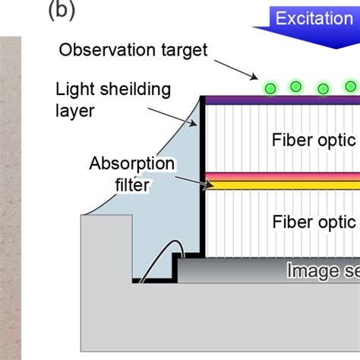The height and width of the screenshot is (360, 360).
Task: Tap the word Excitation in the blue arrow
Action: pyautogui.click(x=314, y=18)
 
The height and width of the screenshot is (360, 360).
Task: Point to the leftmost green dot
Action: pyautogui.click(x=270, y=88)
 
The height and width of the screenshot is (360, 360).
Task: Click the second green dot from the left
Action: pyautogui.click(x=296, y=86)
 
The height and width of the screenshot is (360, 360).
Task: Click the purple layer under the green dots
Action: pyautogui.click(x=281, y=100)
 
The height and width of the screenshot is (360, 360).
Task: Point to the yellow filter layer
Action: pyautogui.click(x=281, y=185)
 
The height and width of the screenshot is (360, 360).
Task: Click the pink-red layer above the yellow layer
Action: pyautogui.click(x=281, y=177)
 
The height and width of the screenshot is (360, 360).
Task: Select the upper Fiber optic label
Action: pyautogui.click(x=313, y=140)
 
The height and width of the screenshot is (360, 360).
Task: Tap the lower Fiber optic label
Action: pyautogui.click(x=313, y=223)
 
